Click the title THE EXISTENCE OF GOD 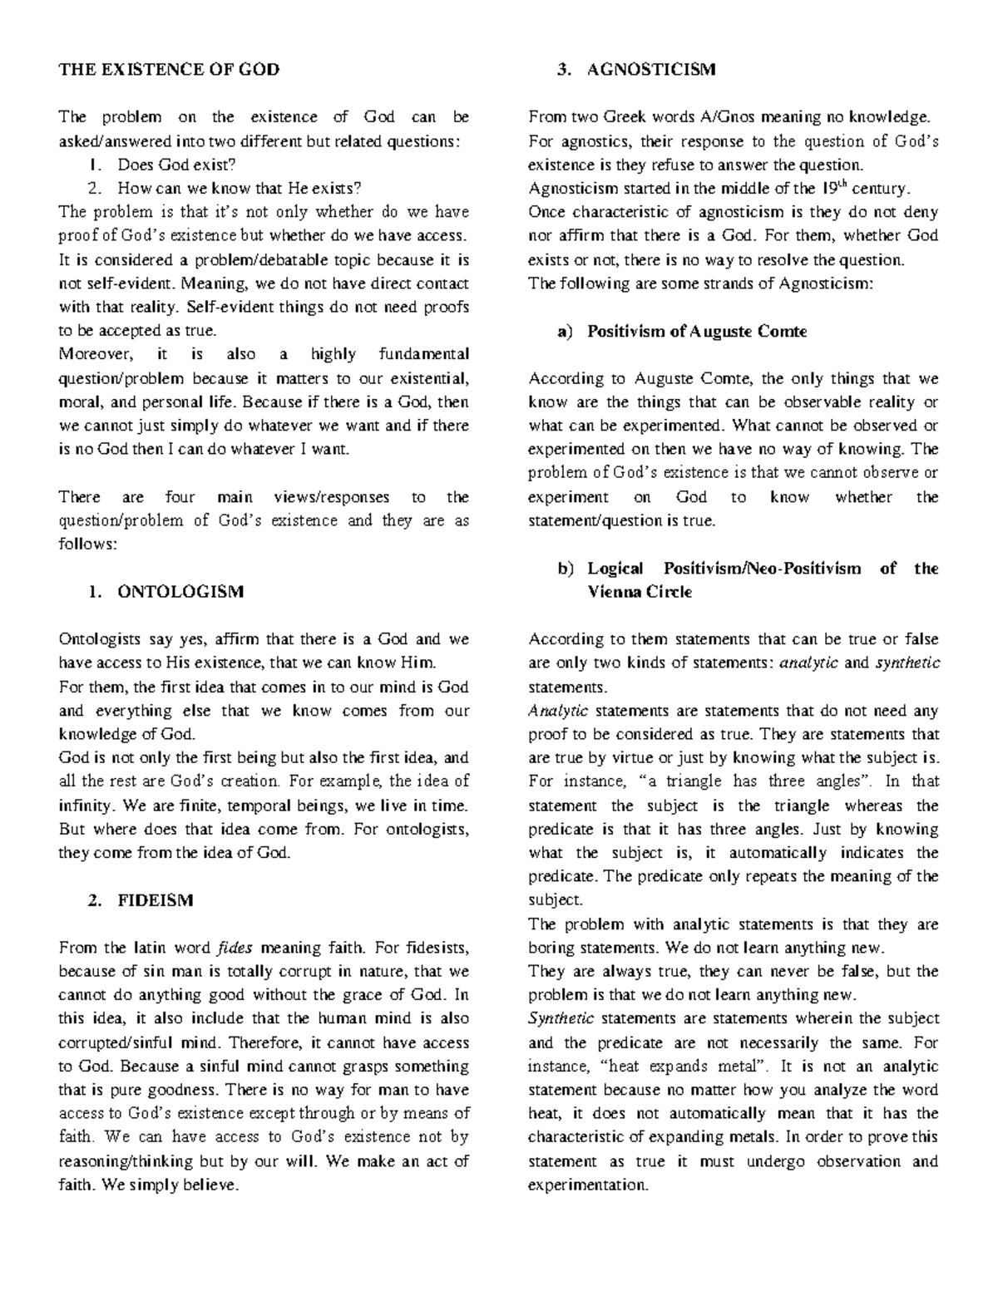(x=168, y=69)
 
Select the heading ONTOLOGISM (x=180, y=592)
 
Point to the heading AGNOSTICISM (x=650, y=69)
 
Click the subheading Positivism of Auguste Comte (x=697, y=331)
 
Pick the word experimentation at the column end (x=586, y=1185)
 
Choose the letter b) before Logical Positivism (x=566, y=569)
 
